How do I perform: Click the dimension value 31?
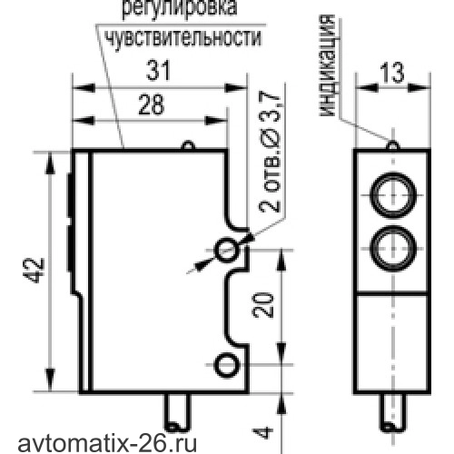(x=158, y=71)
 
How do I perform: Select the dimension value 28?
(x=152, y=104)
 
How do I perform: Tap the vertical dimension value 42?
(x=34, y=271)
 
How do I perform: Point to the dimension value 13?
(x=392, y=73)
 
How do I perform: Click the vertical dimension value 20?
(x=262, y=305)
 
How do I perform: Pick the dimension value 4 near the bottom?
(x=262, y=432)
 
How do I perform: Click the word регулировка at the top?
(x=179, y=8)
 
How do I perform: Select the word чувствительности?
(x=183, y=39)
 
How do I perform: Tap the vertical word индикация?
(x=327, y=65)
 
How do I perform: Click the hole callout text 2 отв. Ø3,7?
(x=270, y=152)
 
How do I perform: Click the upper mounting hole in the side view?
(x=226, y=250)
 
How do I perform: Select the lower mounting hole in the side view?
(x=226, y=365)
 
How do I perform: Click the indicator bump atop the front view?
(x=393, y=144)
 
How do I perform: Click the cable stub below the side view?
(x=178, y=412)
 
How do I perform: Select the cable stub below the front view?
(x=393, y=412)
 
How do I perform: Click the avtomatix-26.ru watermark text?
(x=107, y=444)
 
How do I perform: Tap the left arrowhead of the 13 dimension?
(x=367, y=88)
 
